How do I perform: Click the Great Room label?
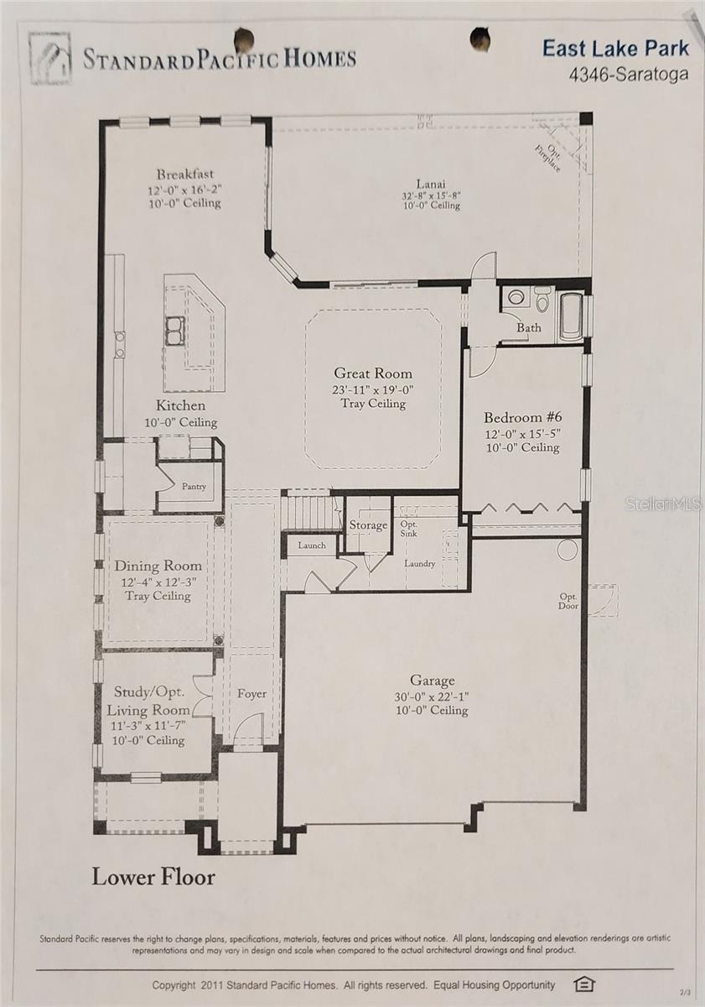[x=373, y=373]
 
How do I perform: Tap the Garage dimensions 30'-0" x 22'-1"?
[x=433, y=696]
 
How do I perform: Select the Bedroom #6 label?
[x=521, y=418]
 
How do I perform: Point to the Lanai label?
[x=431, y=184]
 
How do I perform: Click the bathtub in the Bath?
[x=571, y=316]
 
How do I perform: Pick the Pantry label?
[x=194, y=486]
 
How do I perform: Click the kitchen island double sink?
[x=174, y=331]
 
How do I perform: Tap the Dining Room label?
[x=158, y=566]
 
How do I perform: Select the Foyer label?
[x=251, y=693]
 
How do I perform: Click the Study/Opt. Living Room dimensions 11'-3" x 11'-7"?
[x=148, y=726]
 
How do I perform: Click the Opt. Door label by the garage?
[x=568, y=601]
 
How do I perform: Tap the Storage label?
[x=368, y=525]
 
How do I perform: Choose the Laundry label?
[x=419, y=563]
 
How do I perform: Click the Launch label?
[x=311, y=545]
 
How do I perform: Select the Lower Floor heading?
[x=153, y=877]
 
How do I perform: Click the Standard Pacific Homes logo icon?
[x=50, y=58]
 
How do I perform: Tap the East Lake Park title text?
[x=615, y=48]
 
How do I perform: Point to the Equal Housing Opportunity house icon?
[x=583, y=984]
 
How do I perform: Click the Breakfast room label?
[x=184, y=175]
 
